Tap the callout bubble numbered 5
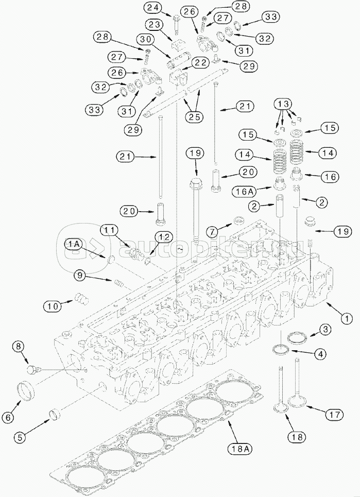point(19,438)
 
